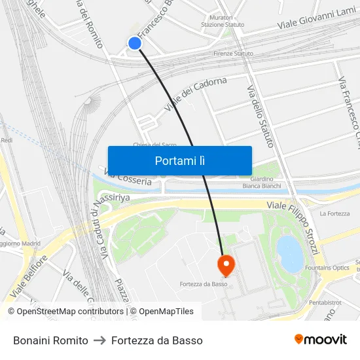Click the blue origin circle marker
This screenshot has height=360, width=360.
click(135, 43)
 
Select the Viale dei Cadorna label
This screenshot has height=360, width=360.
click(195, 94)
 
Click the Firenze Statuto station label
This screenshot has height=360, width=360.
click(233, 53)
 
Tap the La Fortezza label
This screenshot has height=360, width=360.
click(335, 213)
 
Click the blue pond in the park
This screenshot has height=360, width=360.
click(290, 253)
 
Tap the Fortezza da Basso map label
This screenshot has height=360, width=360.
click(204, 284)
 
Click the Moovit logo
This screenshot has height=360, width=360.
click(321, 340)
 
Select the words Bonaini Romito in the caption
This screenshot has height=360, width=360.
click(50, 340)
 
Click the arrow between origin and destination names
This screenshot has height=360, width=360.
click(99, 340)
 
